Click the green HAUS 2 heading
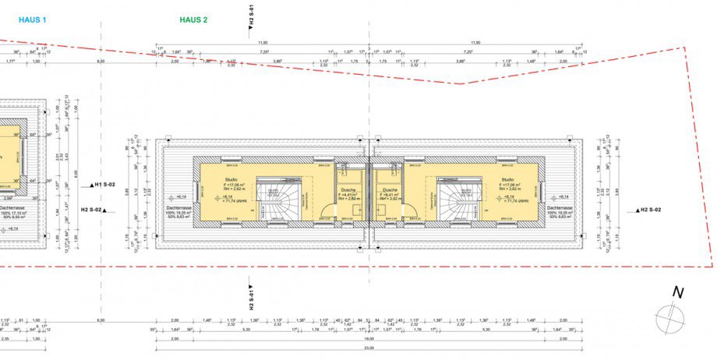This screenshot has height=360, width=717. point(193,19)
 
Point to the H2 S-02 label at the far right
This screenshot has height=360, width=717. point(649,210)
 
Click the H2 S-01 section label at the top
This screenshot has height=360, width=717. point(251,16)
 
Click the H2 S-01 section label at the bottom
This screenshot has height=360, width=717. point(251,297)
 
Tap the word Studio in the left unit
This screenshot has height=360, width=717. point(214,179)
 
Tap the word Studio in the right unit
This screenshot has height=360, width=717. point(509,179)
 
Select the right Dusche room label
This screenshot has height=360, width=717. point(390,189)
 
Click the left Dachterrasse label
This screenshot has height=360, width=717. point(179,208)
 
